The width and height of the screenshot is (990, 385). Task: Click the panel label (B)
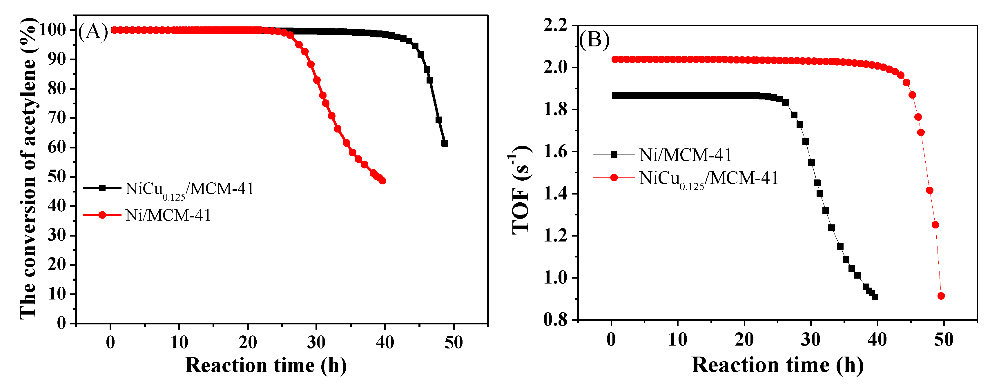point(594,40)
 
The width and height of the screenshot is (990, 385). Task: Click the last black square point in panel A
point(445,143)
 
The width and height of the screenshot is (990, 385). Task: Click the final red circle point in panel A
point(382,181)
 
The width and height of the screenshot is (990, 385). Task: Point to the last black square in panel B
point(875,297)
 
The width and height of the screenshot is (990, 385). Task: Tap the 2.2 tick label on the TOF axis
point(555,26)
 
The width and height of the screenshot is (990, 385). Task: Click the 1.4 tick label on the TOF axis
point(555,194)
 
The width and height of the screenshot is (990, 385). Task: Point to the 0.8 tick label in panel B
point(555,320)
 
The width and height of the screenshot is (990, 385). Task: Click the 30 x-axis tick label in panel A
point(316,342)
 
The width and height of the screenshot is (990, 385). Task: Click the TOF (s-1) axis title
point(521,190)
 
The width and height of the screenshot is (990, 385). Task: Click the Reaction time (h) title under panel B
point(777,365)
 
